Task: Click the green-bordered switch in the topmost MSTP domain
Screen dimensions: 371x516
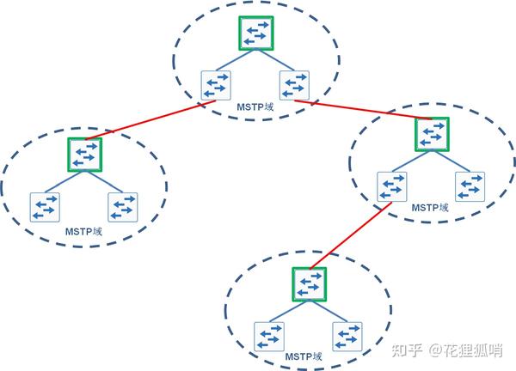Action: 255,33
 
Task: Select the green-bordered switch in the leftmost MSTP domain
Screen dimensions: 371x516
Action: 85,154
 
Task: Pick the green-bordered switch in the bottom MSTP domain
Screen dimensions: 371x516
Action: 309,283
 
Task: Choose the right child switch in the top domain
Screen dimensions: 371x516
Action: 294,85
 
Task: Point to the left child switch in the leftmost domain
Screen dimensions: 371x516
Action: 45,207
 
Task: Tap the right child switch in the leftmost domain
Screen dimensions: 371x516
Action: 123,207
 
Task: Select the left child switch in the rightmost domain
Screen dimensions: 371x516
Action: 392,186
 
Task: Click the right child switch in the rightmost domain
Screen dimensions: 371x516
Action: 470,186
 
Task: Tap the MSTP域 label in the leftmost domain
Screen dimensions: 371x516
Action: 83,231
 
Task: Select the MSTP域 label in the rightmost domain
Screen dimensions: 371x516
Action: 430,207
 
